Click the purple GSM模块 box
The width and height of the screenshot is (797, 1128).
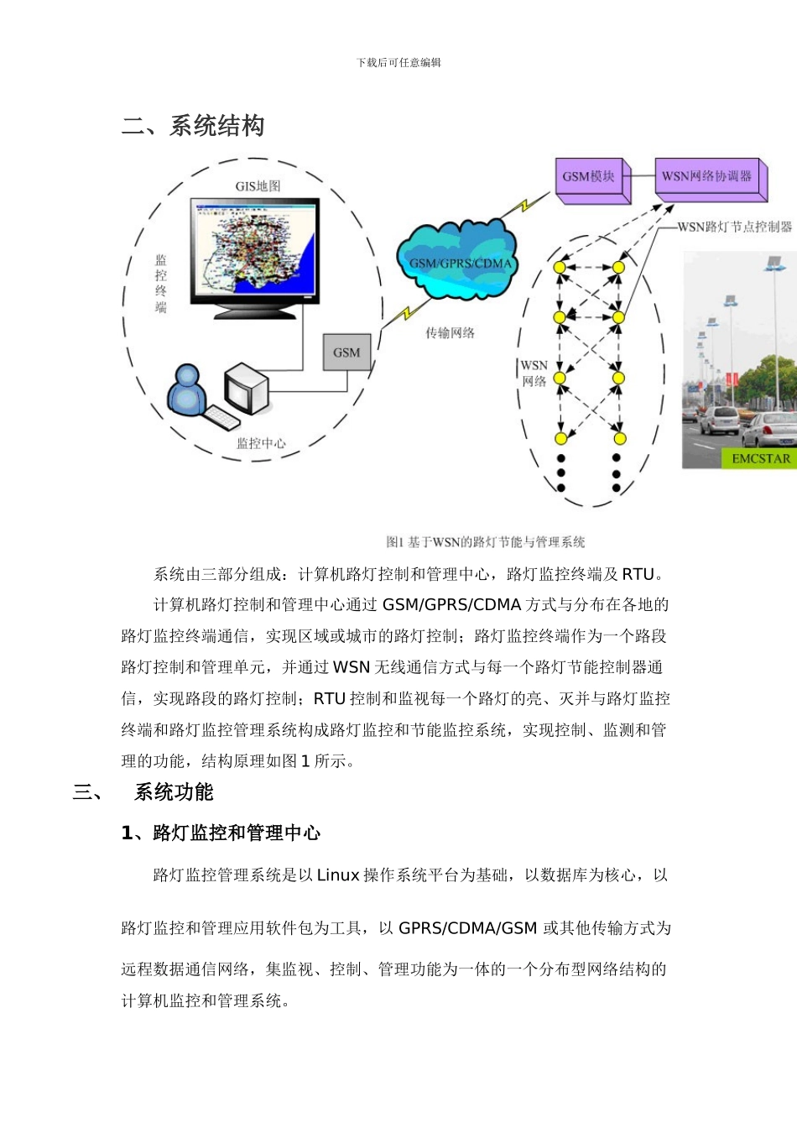click(590, 178)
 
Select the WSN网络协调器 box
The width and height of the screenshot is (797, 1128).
click(707, 178)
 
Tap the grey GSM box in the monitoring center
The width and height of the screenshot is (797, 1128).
click(346, 352)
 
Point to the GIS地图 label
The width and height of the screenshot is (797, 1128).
click(258, 186)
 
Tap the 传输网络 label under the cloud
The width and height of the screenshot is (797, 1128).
click(450, 333)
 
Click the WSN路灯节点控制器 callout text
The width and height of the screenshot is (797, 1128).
click(734, 227)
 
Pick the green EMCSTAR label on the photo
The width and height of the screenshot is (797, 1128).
click(760, 458)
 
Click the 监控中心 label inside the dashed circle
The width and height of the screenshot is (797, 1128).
click(261, 443)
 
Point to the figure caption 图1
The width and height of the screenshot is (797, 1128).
click(485, 542)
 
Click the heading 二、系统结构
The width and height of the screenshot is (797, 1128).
click(193, 126)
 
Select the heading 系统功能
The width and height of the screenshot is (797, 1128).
click(174, 792)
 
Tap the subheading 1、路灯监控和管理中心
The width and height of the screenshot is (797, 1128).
click(221, 833)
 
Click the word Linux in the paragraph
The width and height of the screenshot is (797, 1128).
click(338, 875)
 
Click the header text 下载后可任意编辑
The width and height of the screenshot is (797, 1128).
click(398, 63)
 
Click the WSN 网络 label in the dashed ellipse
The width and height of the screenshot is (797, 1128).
click(534, 373)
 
